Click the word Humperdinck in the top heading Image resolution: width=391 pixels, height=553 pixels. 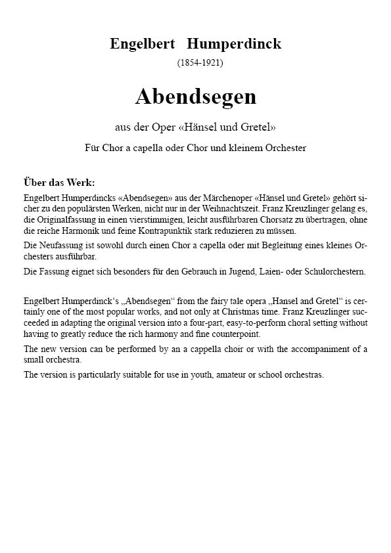pyautogui.click(x=233, y=44)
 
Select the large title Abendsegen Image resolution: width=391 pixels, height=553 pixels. pyautogui.click(x=196, y=97)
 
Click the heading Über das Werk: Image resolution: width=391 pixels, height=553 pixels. pyautogui.click(x=59, y=182)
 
